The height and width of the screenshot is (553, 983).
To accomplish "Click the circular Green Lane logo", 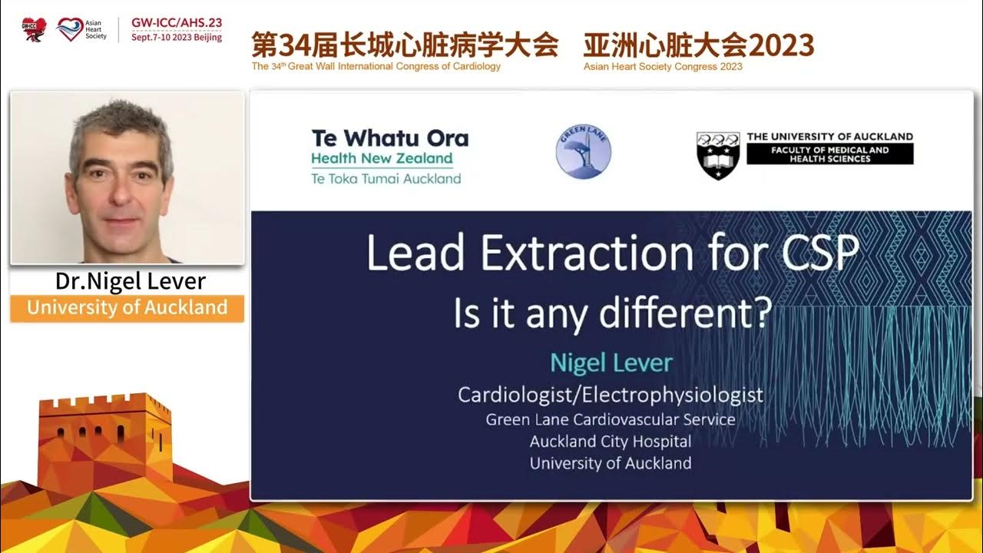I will pos(584,152).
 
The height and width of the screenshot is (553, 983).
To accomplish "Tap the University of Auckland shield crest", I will pos(718,155).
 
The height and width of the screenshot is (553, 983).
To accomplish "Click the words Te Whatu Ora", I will pos(389,138).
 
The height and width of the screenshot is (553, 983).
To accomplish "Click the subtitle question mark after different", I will pos(763,315).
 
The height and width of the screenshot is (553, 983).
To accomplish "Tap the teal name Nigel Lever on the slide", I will pos(611,363).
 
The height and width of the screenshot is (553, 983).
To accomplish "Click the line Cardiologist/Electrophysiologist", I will pos(611,395).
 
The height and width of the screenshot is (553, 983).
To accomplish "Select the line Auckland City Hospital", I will pos(611,442).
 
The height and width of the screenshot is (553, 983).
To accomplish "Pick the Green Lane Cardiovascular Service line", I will pos(611,419).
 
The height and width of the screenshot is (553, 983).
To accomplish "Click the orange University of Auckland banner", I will pos(127,308).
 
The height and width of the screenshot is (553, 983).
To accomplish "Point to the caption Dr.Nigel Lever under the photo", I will pos(131,281).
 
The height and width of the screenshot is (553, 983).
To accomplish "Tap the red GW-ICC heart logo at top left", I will pos(34,29).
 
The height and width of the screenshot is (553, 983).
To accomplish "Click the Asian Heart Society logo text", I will pos(96,29).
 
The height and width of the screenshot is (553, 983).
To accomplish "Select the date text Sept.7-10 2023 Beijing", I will pos(177,37).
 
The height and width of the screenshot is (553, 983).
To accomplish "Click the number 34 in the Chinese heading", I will pos(293,45).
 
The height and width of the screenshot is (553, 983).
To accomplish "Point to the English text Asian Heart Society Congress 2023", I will pos(663,67).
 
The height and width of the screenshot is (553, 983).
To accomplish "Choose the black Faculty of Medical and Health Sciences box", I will pos(830,154).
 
